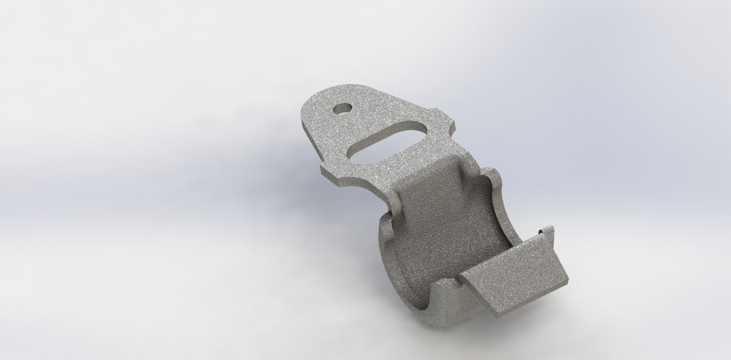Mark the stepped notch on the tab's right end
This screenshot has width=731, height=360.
452,122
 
